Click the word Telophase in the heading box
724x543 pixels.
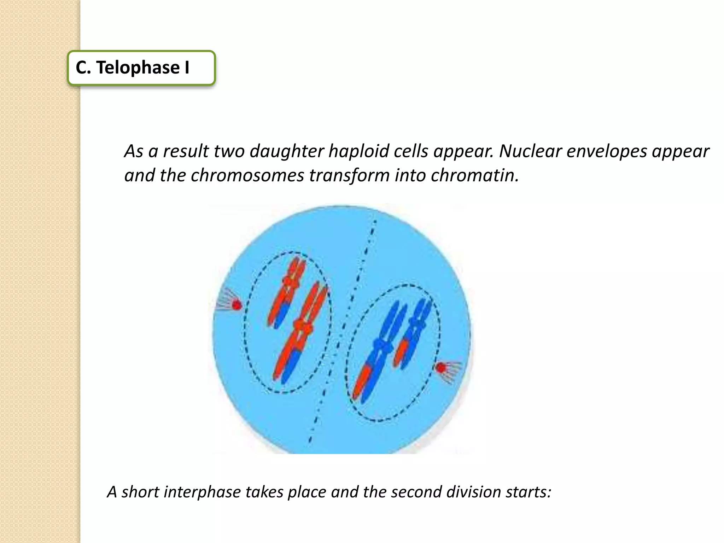[x=138, y=68]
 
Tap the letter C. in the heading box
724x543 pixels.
[x=83, y=68]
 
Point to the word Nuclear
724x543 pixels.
[x=530, y=151]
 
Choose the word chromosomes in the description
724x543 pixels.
[x=247, y=175]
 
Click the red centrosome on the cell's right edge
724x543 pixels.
[x=440, y=368]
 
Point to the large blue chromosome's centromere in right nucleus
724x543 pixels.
[x=382, y=345]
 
